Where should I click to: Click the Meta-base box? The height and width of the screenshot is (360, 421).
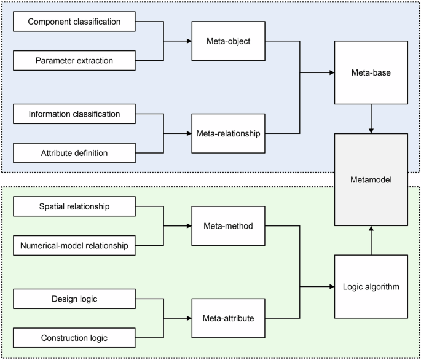[371, 72]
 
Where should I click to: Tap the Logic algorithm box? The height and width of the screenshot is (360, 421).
[371, 287]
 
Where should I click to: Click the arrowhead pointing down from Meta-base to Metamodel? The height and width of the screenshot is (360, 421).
[371, 130]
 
